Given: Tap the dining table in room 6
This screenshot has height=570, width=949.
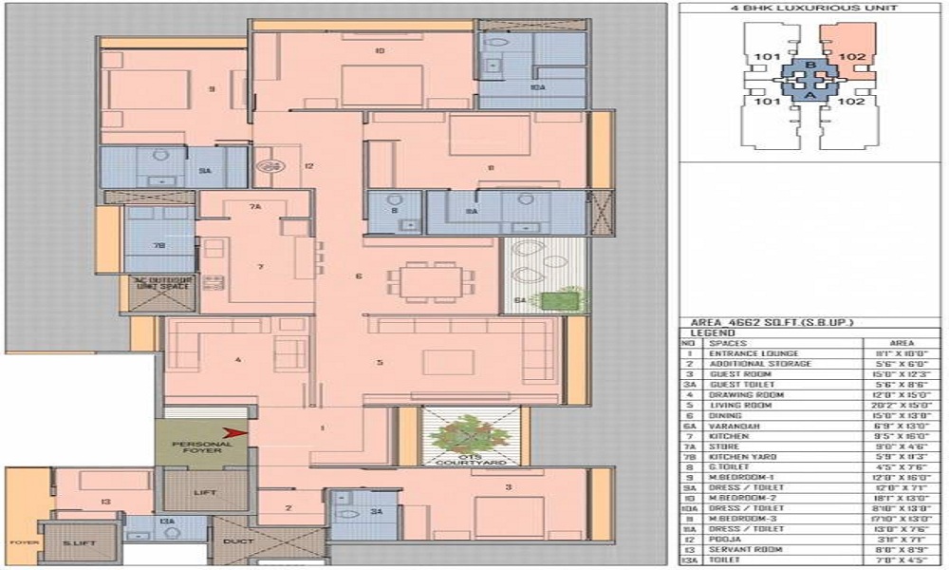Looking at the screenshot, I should [426, 281].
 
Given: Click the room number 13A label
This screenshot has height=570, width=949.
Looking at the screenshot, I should [166, 522].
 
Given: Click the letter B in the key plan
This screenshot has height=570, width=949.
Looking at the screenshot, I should [809, 66].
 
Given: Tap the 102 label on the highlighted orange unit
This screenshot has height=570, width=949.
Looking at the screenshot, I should [852, 58].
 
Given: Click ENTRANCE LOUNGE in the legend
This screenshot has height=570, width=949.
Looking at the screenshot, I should [747, 352].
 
